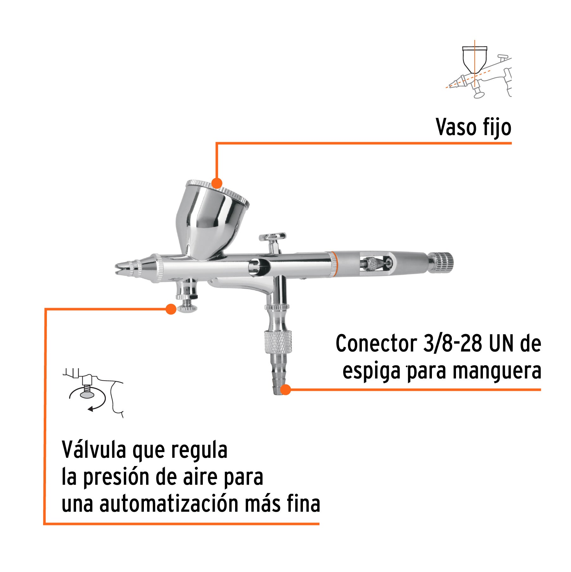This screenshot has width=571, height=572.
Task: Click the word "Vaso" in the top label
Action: pyautogui.click(x=456, y=127)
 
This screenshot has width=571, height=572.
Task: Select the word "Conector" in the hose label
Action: pyautogui.click(x=376, y=344)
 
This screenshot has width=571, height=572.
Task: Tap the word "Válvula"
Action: pyautogui.click(x=94, y=450)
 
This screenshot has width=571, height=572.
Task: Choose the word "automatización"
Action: pyautogui.click(x=169, y=504)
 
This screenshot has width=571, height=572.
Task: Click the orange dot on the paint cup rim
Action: pyautogui.click(x=217, y=183)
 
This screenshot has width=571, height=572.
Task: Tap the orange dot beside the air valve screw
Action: pyautogui.click(x=171, y=309)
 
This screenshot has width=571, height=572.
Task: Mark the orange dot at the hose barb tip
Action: pyautogui.click(x=285, y=390)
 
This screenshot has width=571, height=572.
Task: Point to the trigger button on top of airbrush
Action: pyautogui.click(x=272, y=237)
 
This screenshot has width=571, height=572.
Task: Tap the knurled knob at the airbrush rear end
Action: pyautogui.click(x=441, y=262)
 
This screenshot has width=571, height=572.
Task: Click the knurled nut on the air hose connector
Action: pyautogui.click(x=278, y=342)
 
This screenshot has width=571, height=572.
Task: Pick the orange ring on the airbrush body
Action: pyautogui.click(x=334, y=264)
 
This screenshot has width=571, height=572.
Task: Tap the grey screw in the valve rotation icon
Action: pyautogui.click(x=87, y=393)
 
